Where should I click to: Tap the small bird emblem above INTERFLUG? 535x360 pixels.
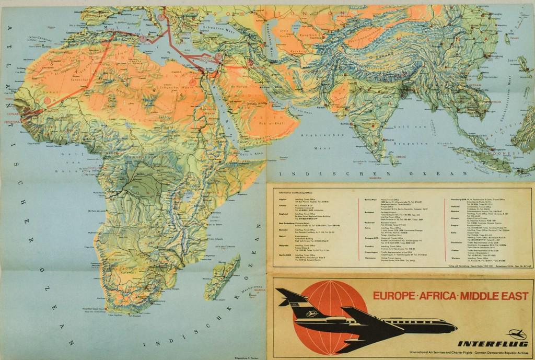click(x=517, y=333)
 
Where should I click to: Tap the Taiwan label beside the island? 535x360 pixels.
click(x=515, y=38)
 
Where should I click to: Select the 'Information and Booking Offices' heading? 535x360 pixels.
click(x=295, y=193)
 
